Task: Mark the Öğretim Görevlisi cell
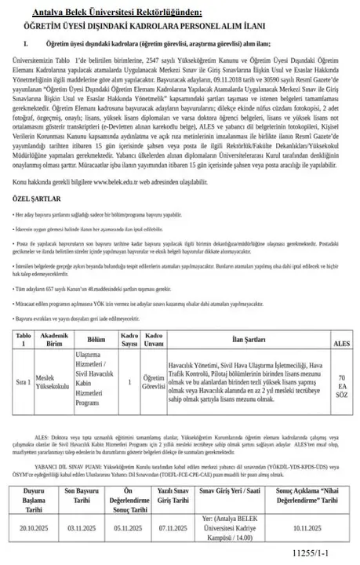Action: (x=154, y=382)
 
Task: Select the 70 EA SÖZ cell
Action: (x=342, y=383)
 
